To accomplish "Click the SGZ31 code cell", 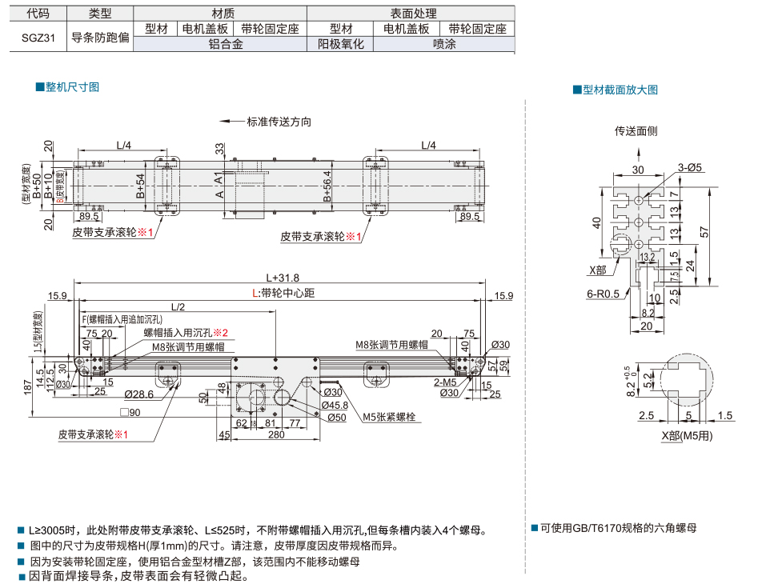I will tap(38, 36).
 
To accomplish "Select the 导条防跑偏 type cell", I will tap(99, 36).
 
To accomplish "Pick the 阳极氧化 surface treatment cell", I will tap(340, 45).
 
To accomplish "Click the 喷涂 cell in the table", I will tap(443, 45).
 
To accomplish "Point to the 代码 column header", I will tap(38, 14).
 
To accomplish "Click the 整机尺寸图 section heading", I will tap(70, 86).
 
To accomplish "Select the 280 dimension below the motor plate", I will tap(276, 435).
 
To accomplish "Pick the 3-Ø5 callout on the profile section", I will tap(689, 167).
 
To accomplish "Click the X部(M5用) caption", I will tap(687, 435).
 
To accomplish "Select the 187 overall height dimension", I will tap(29, 388).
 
